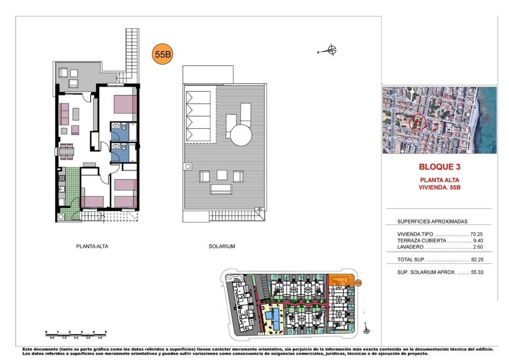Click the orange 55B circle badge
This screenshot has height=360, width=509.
[162, 54]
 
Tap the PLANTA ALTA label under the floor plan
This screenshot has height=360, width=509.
[92, 246]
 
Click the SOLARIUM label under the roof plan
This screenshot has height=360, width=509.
[222, 246]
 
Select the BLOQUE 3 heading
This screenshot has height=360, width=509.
[440, 167]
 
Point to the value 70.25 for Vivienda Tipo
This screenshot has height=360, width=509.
[476, 234]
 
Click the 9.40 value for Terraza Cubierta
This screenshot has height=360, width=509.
[478, 240]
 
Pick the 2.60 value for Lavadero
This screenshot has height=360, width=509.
[478, 247]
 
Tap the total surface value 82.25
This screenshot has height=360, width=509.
[477, 260]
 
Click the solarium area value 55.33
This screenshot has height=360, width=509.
[477, 272]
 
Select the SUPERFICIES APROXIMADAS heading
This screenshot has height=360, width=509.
[433, 221]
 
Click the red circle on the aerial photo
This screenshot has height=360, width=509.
[417, 123]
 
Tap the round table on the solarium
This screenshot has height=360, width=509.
[241, 135]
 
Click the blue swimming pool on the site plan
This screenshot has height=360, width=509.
[273, 319]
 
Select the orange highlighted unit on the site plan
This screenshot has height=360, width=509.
[340, 280]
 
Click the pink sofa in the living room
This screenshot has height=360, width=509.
[64, 114]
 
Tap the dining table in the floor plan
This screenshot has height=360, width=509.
[67, 151]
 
